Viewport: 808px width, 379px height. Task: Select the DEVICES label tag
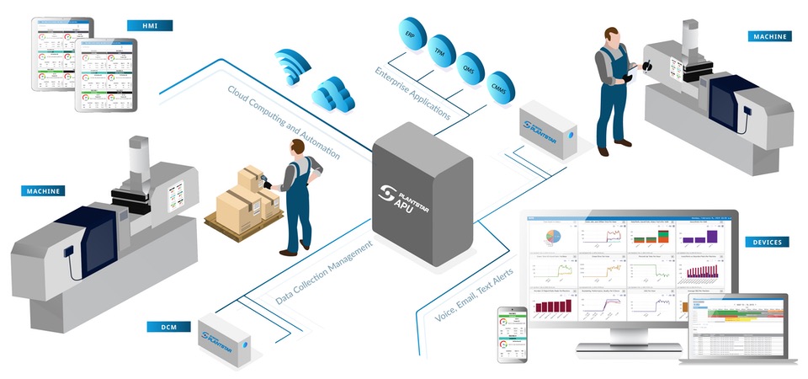(x=767, y=243)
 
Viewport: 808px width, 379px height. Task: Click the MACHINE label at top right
(x=770, y=36)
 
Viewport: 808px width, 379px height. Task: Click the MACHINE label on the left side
(x=43, y=191)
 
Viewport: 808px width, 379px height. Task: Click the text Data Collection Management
(x=324, y=273)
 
